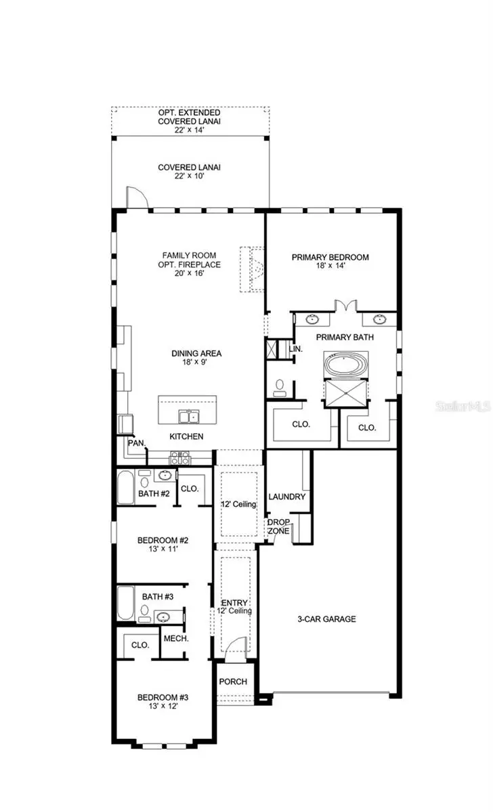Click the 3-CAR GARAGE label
click(327, 618)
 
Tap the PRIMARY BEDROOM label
click(330, 257)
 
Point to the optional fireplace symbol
click(252, 269)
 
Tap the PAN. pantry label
click(135, 443)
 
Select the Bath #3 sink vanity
click(163, 616)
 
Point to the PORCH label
click(234, 681)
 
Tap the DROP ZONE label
click(278, 526)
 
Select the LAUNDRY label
click(287, 497)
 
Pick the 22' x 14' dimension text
click(190, 131)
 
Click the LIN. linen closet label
click(295, 348)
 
